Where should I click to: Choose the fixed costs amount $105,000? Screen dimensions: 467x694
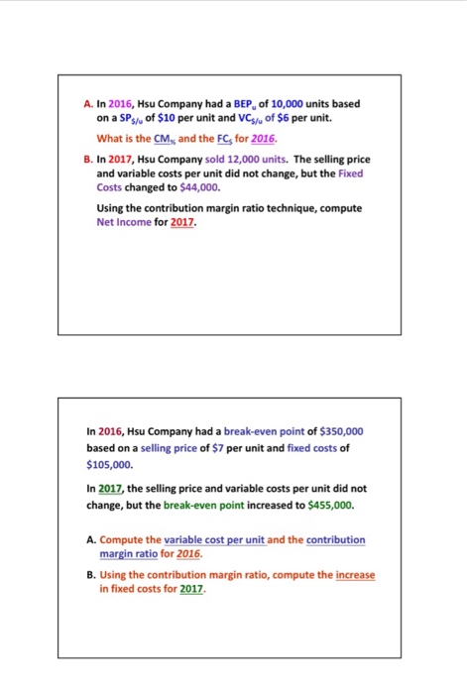111,463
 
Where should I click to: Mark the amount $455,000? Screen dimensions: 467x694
324,504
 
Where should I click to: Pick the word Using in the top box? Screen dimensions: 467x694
114,208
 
